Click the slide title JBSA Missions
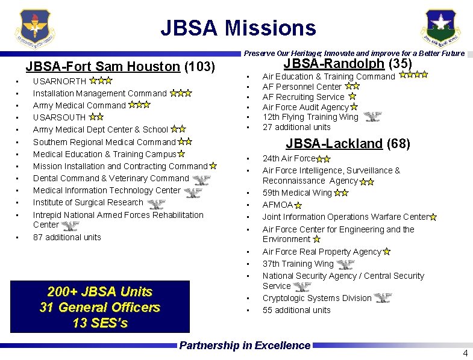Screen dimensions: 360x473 pyautogui.click(x=238, y=28)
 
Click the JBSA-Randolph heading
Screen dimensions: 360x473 pyautogui.click(x=348, y=64)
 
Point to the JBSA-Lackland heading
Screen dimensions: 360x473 pyautogui.click(x=348, y=144)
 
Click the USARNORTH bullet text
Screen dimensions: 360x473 pyautogui.click(x=60, y=81)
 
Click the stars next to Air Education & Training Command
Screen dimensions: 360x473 pyautogui.click(x=413, y=76)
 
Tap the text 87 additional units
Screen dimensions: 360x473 pyautogui.click(x=67, y=237)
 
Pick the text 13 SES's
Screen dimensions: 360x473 pyautogui.click(x=100, y=323)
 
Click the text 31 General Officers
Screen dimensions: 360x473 pyautogui.click(x=100, y=308)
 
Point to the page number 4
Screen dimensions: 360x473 pyautogui.click(x=465, y=353)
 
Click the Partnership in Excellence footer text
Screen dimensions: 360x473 pyautogui.click(x=245, y=346)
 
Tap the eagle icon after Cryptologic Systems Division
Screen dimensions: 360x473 pyautogui.click(x=382, y=297)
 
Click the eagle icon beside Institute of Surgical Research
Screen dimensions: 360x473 pyautogui.click(x=156, y=203)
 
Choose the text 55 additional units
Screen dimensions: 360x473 pyautogui.click(x=296, y=310)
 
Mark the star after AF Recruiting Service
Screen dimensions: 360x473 pyautogui.click(x=352, y=96)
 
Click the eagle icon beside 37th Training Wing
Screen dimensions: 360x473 pyautogui.click(x=345, y=264)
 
